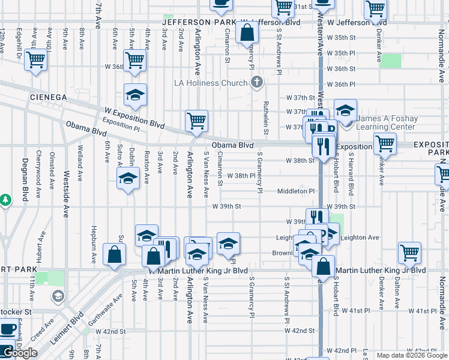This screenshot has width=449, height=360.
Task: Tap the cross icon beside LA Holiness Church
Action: (257, 82)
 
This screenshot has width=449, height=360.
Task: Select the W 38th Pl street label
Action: (241, 176)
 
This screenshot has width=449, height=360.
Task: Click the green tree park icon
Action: (6, 199)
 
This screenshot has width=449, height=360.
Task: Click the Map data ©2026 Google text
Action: (412, 355)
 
